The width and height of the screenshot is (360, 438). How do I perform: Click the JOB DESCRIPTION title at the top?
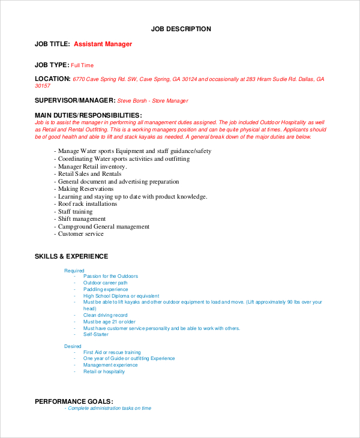point(181,29)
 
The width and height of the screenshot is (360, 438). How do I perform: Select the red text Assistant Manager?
point(103,44)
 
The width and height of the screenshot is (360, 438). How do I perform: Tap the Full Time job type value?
point(82,65)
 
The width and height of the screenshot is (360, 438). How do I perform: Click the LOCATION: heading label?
point(52,79)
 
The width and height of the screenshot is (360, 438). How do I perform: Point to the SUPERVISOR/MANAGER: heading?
point(74,101)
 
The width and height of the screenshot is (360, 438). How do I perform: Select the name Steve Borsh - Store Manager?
point(152,101)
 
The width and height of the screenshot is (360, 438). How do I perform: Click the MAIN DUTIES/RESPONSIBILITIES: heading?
point(88,115)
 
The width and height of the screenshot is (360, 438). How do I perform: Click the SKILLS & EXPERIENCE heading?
point(71,256)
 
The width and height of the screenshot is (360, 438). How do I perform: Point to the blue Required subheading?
point(74,271)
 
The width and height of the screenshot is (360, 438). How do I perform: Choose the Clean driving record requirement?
point(105,315)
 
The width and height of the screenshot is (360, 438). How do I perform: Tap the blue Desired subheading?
point(73,346)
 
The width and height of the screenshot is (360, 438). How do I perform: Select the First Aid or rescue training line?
point(112,352)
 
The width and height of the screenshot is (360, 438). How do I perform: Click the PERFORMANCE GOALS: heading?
point(74,401)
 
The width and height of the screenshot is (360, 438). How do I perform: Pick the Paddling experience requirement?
point(106,289)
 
